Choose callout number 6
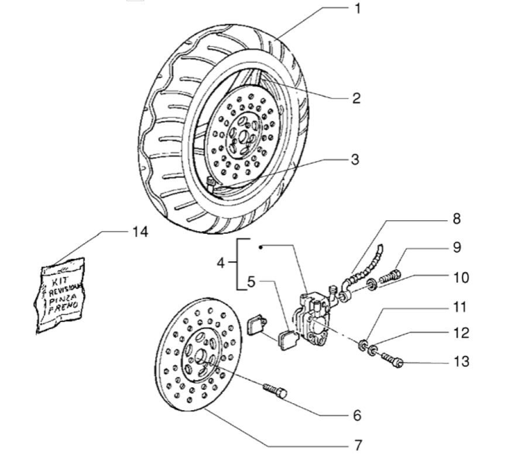(x=357, y=415)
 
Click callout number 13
(x=461, y=362)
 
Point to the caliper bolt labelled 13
(x=392, y=359)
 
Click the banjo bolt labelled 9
(x=389, y=276)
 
